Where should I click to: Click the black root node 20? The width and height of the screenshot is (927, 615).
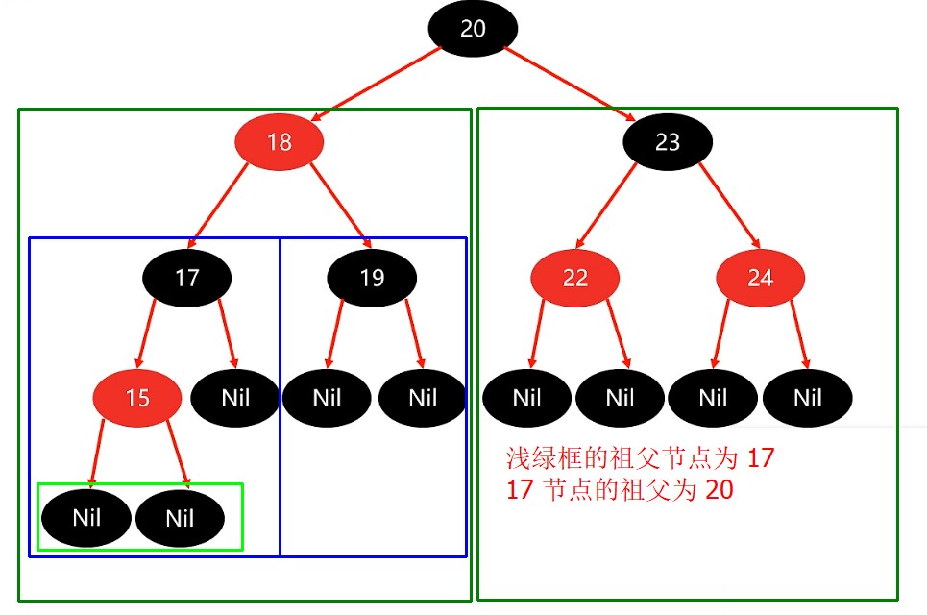point(473,29)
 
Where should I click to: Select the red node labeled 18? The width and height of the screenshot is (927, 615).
point(279,143)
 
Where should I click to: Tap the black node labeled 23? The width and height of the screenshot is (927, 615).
point(668,143)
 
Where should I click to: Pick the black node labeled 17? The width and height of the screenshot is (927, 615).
point(186,278)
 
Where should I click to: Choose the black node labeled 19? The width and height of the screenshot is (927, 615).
point(372,278)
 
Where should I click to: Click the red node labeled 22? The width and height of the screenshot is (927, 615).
point(574,278)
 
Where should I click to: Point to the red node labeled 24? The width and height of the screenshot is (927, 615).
point(760,278)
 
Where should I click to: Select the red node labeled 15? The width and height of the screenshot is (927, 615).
point(137,397)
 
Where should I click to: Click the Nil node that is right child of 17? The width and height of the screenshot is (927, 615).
point(235,397)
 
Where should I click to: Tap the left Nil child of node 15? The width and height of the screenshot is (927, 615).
point(85,519)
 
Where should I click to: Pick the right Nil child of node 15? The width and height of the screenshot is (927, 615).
point(180,519)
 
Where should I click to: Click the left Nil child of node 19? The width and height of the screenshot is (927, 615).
point(327,397)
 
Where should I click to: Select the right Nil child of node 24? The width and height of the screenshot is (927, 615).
point(808,397)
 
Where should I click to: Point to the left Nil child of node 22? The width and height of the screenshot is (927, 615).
point(526,397)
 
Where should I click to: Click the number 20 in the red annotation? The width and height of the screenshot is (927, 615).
point(719,490)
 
